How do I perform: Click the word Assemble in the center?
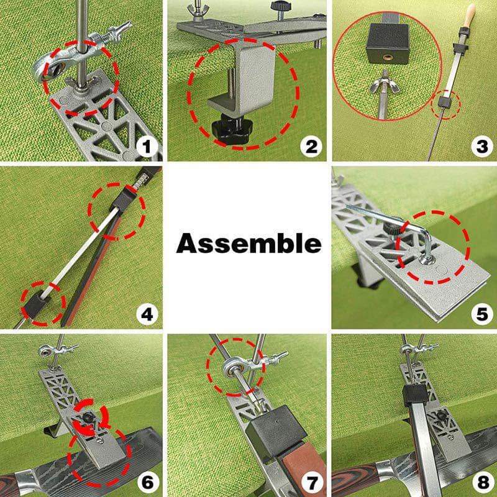click(248, 244)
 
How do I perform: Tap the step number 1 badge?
click(147, 147)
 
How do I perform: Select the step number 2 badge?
click(311, 147)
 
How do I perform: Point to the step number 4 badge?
click(147, 314)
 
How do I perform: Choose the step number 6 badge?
click(147, 481)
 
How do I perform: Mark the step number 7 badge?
click(311, 481)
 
